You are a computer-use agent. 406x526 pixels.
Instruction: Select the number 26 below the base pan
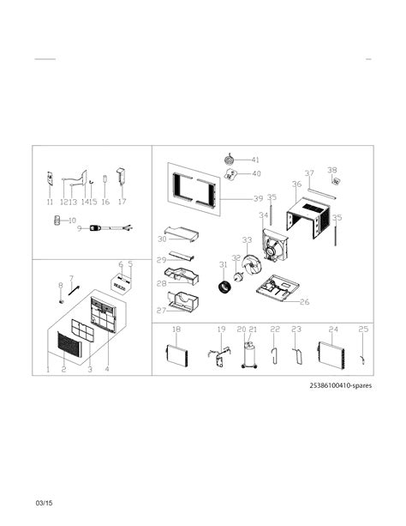305,301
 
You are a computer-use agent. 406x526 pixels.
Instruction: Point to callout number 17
122,203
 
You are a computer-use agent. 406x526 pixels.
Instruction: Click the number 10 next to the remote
72,221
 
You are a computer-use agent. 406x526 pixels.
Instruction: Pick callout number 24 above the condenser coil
333,330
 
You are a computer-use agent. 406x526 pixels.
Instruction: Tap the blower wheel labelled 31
228,285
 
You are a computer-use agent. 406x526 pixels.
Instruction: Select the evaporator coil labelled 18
176,354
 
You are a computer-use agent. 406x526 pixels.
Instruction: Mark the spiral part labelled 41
230,159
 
